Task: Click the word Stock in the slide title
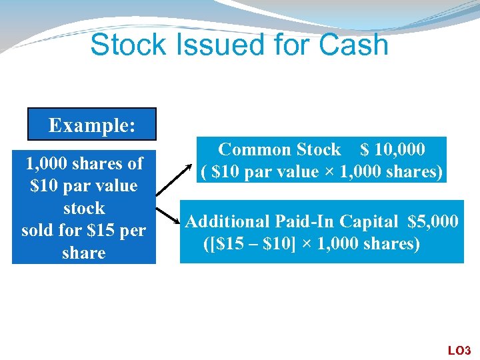pos(121,45)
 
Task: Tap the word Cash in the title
pos(353,45)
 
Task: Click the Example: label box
pos(91,125)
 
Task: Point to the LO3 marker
pos(459,350)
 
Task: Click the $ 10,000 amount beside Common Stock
pos(392,149)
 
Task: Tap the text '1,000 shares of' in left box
pos(84,163)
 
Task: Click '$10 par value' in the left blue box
pos(84,185)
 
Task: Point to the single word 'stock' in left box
pos(84,208)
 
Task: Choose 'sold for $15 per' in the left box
pos(84,231)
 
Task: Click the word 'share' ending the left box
pos(84,253)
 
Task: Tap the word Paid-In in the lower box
pos(306,221)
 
